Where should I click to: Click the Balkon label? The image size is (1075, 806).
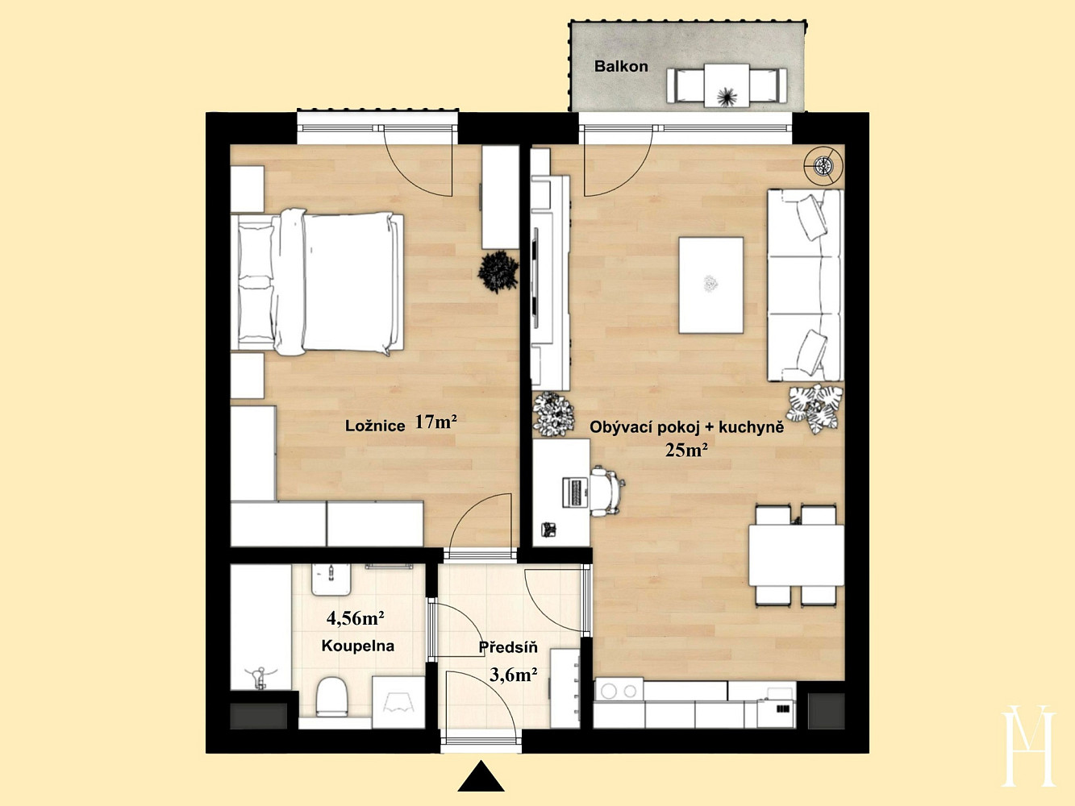coord(621,67)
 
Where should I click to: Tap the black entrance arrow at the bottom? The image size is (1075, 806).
coord(481,776)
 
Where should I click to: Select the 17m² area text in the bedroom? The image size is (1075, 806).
coord(435,422)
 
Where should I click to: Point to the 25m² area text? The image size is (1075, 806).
coord(686,450)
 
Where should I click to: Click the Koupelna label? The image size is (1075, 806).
coord(357,646)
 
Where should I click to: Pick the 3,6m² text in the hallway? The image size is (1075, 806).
coord(513,675)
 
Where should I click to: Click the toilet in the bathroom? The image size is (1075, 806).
coord(331,697)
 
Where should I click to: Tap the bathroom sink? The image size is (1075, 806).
coord(331,580)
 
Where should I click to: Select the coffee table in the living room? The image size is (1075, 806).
coord(710,285)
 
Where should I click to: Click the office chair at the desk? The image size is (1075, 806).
coord(606,491)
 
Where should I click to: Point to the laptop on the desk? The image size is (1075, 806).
coord(574,492)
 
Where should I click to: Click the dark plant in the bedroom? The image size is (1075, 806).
coord(498,272)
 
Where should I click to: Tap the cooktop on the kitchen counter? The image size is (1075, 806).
coord(619,691)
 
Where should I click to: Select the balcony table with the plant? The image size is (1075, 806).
coord(727,85)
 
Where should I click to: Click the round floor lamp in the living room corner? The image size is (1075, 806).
coord(823,166)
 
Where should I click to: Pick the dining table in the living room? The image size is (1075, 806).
coord(796,555)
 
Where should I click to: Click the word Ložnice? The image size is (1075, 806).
coord(375,426)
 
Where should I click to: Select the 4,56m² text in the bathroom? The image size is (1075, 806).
coord(355,618)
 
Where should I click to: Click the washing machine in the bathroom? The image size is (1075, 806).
coord(398,702)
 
